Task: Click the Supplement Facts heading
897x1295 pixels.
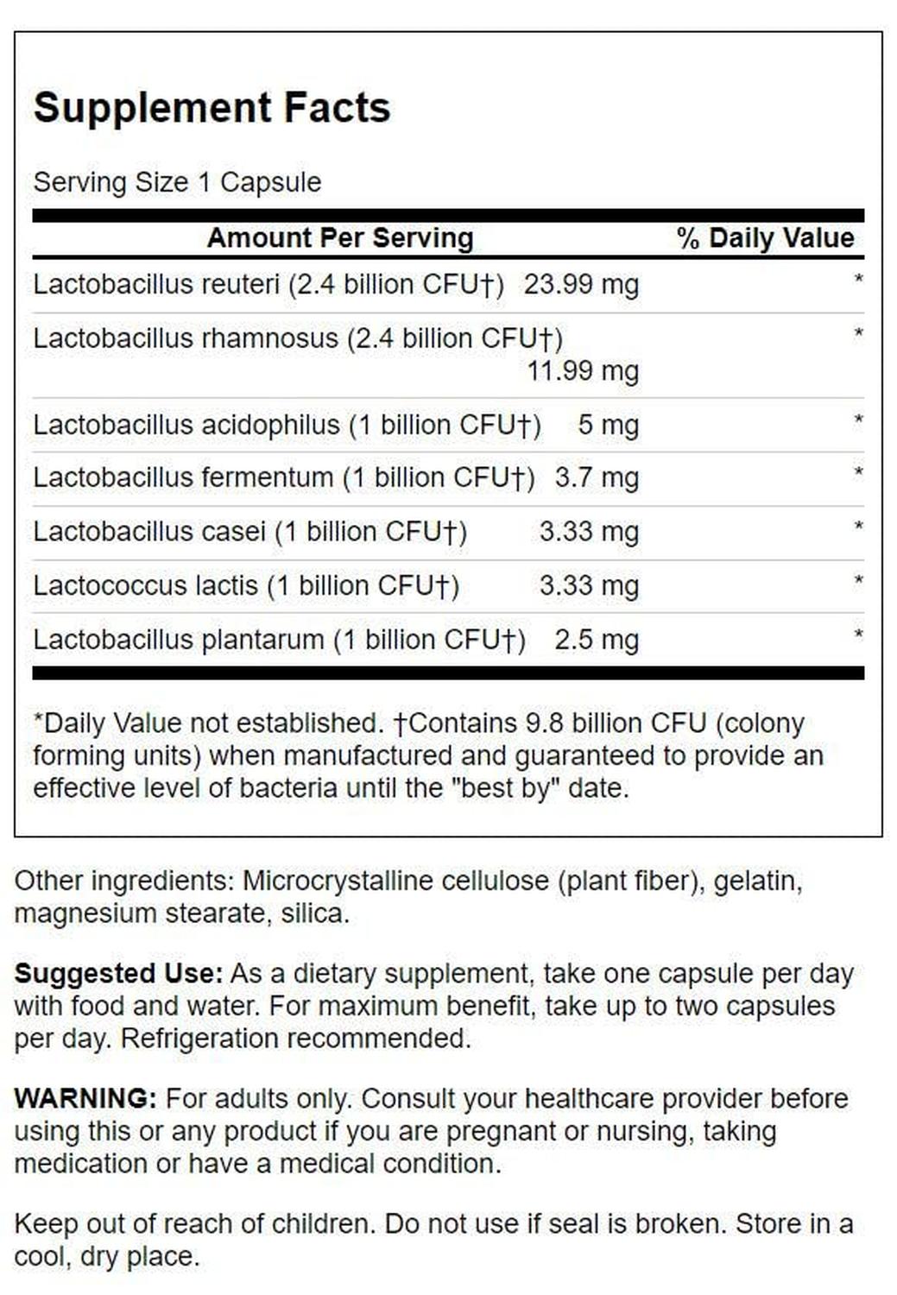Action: [x=212, y=108]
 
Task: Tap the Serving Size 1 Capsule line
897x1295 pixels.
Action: [x=177, y=182]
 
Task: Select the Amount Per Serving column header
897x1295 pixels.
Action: [x=340, y=237]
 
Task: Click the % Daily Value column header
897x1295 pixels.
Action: [x=765, y=237]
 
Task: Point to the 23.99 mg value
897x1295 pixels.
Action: [x=581, y=284]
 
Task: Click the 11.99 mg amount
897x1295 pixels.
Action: [x=583, y=371]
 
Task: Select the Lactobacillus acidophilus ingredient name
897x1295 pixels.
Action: [x=186, y=425]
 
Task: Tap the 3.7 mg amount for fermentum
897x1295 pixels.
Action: [x=597, y=477]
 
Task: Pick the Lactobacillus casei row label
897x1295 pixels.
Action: [x=149, y=532]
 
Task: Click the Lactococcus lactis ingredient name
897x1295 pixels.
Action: [x=145, y=585]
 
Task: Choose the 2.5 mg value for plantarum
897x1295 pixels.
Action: [x=597, y=640]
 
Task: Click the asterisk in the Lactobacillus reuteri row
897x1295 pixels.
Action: [x=858, y=280]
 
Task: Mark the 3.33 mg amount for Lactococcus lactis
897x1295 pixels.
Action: [x=589, y=585]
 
